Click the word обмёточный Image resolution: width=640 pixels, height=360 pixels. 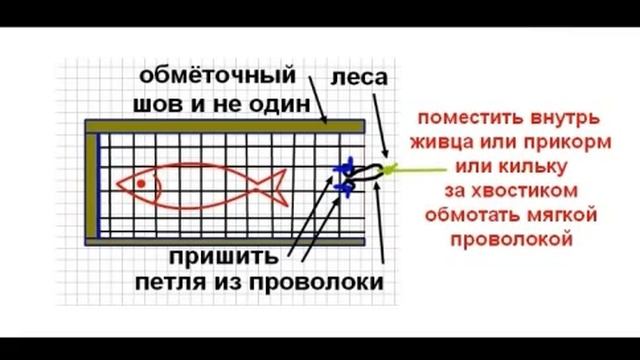point(218,75)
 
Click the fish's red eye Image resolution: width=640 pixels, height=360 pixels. point(142,183)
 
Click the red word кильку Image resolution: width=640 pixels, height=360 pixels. point(537,165)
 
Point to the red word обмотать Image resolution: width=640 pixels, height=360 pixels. point(476,214)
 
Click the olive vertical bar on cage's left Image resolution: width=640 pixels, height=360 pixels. point(92,184)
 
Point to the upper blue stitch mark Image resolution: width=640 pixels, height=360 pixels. point(345,167)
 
